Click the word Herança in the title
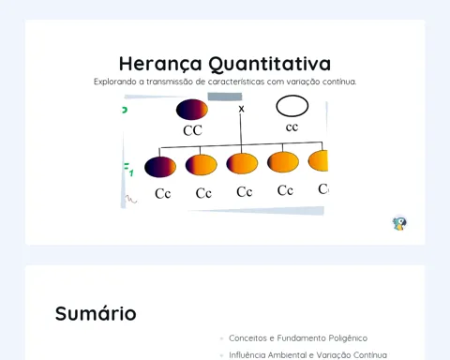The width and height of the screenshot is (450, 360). [x=160, y=64]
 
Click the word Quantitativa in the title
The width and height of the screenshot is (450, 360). [x=270, y=64]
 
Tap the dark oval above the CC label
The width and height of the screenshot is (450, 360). [x=192, y=110]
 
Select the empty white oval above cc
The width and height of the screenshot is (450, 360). [x=292, y=106]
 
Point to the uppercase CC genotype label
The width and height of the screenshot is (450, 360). [x=192, y=130]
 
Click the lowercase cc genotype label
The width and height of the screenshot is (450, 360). [x=292, y=127]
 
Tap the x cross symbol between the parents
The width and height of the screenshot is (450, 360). [x=241, y=109]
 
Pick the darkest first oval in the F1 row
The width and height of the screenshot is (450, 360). [x=160, y=167]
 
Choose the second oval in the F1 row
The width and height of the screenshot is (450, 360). [x=202, y=165]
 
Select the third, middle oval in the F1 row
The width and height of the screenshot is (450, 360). [x=242, y=163]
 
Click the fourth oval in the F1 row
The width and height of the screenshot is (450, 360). [x=283, y=162]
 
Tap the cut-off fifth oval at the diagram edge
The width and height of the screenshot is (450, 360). [x=318, y=160]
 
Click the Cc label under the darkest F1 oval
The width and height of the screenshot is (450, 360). [x=163, y=194]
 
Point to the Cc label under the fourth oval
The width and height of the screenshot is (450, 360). [x=285, y=190]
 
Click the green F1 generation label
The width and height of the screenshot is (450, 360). [x=128, y=170]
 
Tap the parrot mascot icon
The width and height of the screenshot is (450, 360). [x=399, y=223]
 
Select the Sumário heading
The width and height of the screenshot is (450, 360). [x=96, y=313]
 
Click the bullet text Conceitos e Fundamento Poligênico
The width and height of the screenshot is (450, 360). [x=298, y=338]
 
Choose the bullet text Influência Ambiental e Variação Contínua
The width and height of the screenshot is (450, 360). [x=307, y=355]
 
